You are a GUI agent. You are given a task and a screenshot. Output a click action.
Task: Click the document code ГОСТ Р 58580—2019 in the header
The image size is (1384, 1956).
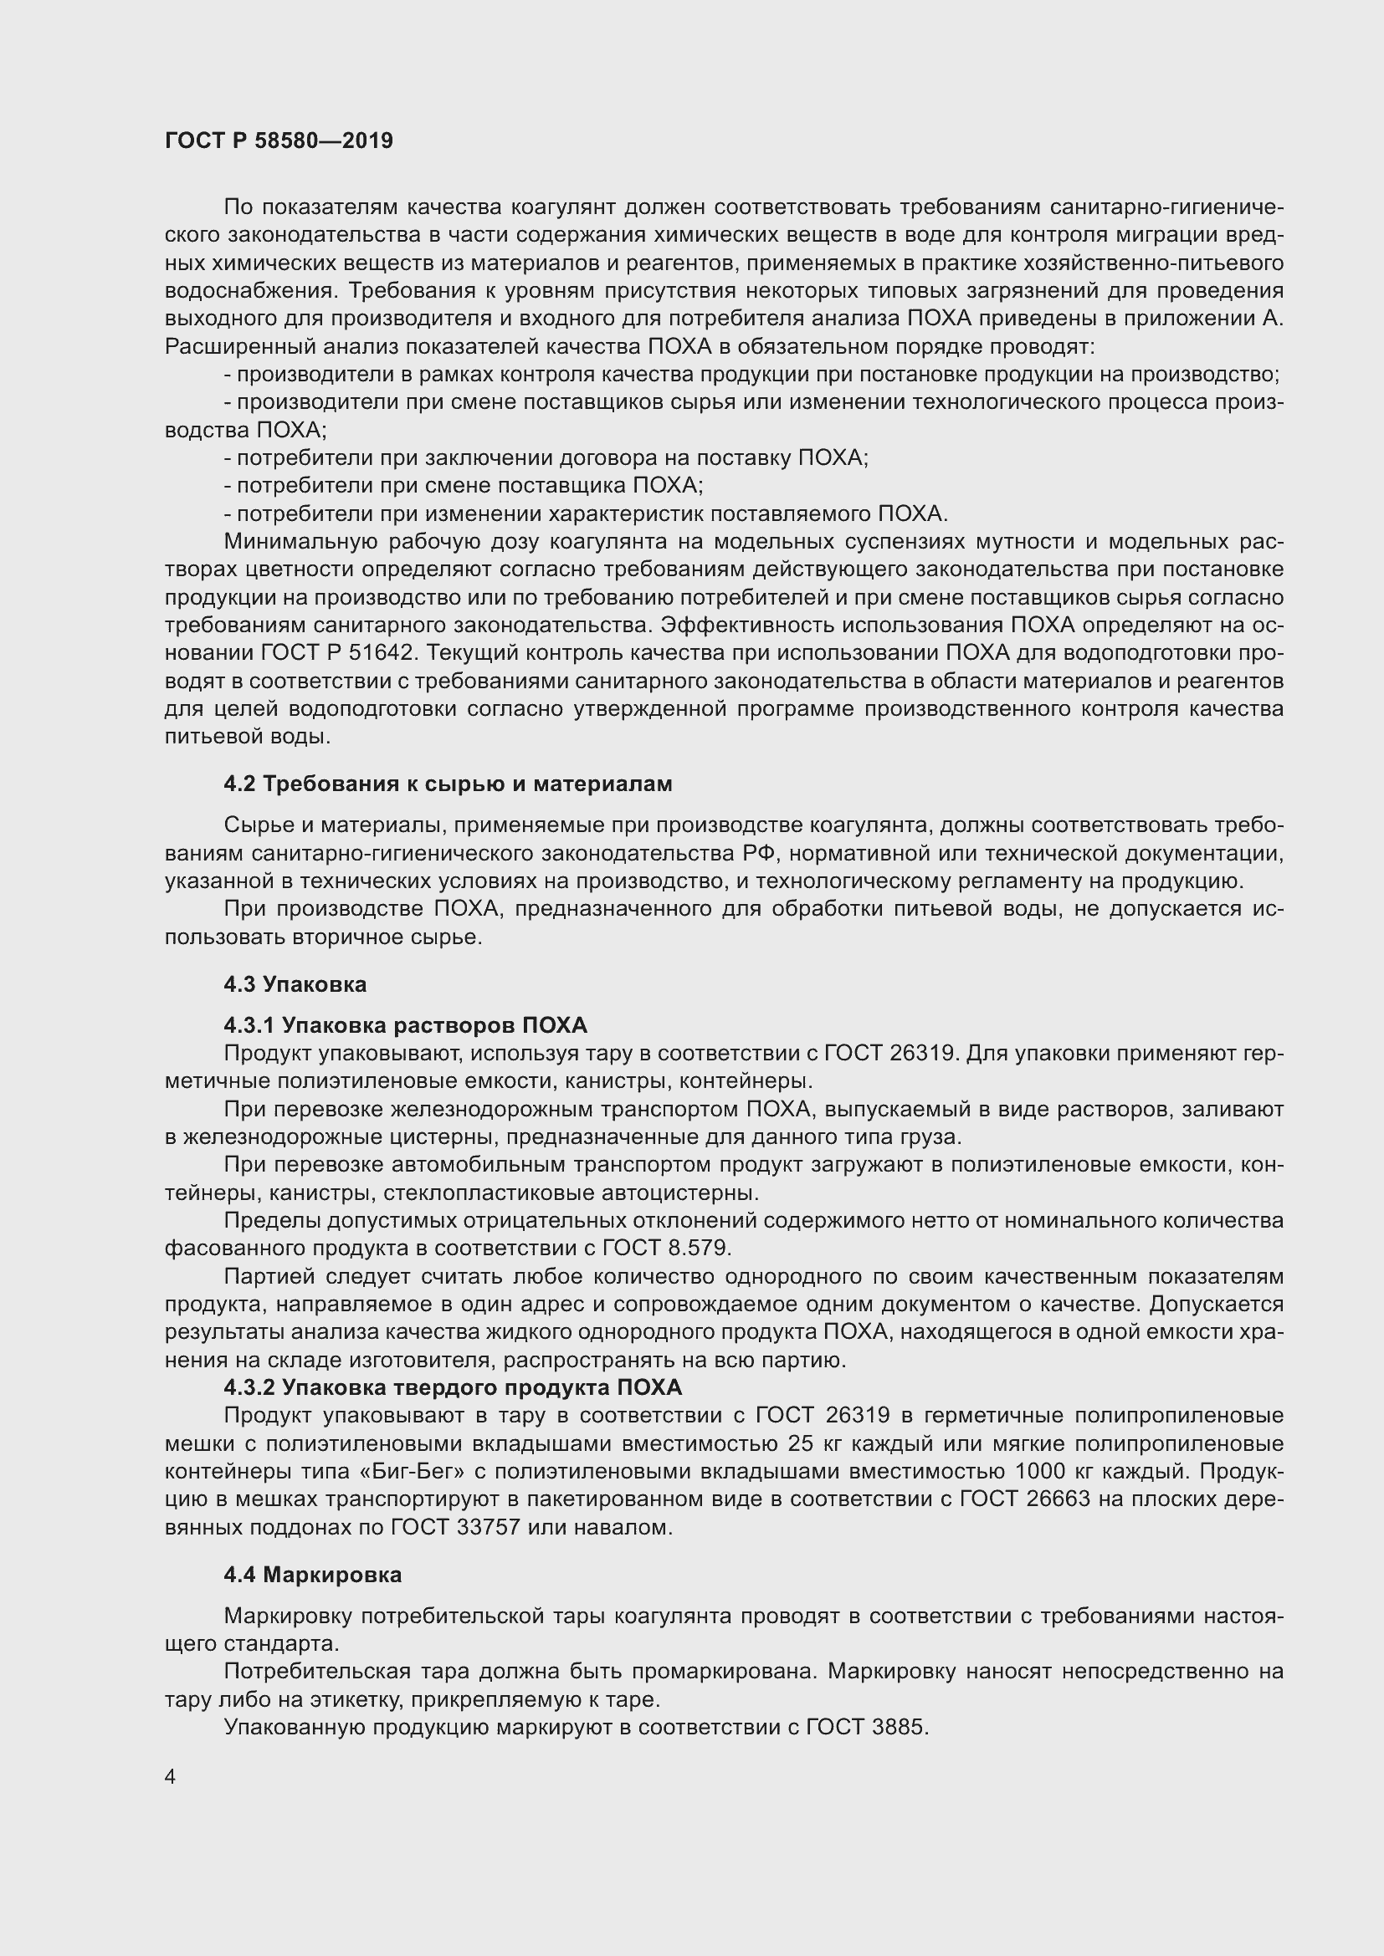click(279, 140)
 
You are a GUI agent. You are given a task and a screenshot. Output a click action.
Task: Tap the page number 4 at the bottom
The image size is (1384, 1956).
click(171, 1777)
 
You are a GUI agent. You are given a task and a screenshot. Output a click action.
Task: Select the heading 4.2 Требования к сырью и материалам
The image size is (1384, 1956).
click(448, 784)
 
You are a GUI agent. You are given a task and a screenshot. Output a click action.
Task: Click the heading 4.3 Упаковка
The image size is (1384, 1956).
click(295, 984)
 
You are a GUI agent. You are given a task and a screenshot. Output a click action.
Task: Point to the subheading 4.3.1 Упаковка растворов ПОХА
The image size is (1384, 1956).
click(406, 1025)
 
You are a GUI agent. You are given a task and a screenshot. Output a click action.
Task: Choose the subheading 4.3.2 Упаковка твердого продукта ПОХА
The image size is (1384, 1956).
click(453, 1388)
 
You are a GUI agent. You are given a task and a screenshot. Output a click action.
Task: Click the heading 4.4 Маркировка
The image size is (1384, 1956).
click(313, 1576)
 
